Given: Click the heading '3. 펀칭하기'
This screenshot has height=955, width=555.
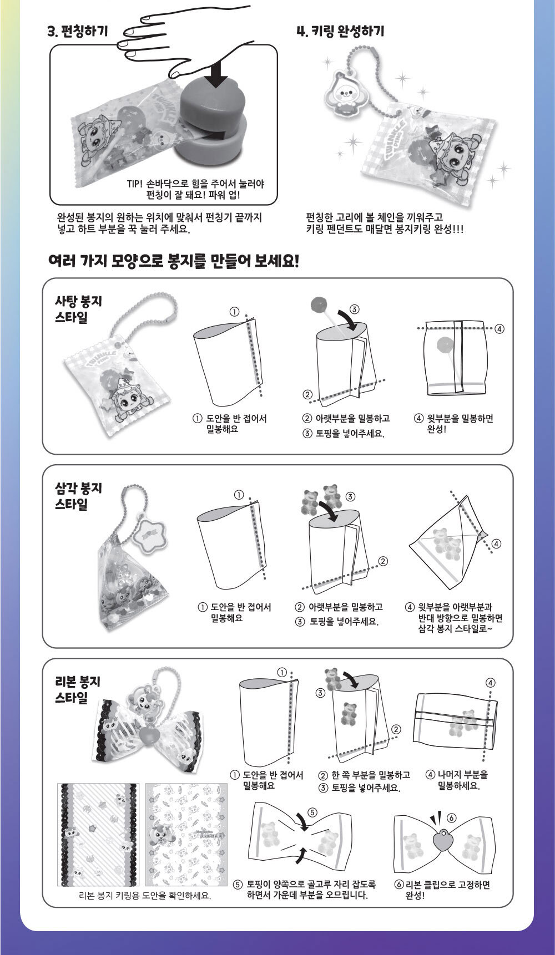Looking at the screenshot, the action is (x=78, y=31).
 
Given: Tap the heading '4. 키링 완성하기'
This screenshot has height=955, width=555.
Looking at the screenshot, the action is (x=341, y=31).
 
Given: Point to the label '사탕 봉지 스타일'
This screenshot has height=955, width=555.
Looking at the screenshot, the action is (x=78, y=309).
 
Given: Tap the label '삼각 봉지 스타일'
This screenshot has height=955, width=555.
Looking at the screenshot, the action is (x=78, y=496).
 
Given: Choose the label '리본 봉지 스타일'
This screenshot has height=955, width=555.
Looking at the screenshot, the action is (x=78, y=689).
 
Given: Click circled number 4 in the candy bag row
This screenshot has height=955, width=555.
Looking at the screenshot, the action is (x=500, y=329).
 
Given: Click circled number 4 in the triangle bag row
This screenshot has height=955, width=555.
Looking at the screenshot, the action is (x=496, y=543).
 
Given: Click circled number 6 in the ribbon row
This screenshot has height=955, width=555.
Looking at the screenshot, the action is (x=451, y=818).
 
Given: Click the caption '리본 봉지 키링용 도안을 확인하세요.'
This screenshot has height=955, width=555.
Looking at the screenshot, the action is (x=145, y=896).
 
